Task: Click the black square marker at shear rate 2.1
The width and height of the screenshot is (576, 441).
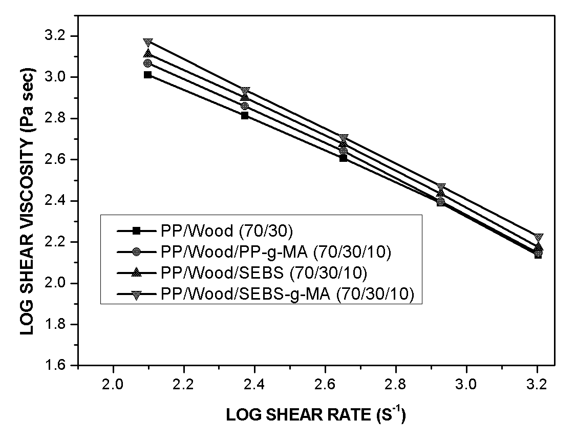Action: point(147,75)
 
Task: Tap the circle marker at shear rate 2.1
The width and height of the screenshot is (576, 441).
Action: point(147,63)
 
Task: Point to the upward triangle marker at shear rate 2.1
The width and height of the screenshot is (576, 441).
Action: point(147,53)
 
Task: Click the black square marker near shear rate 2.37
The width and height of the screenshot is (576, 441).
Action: point(245,115)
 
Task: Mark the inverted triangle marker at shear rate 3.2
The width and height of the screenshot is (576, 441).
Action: point(539,238)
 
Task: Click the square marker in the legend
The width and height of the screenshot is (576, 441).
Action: point(136,231)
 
